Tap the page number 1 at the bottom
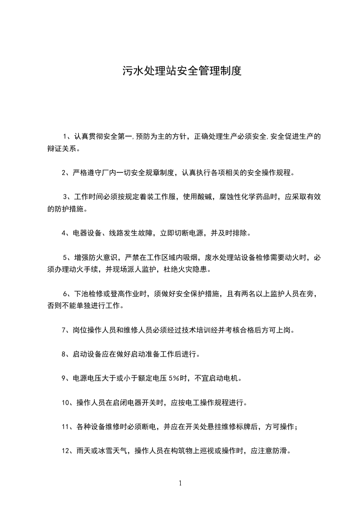pyautogui.click(x=180, y=483)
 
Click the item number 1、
pyautogui.click(x=67, y=137)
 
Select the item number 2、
pyautogui.click(x=66, y=172)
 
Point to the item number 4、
pyautogui.click(x=66, y=233)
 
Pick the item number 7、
pyautogui.click(x=66, y=330)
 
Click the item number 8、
pyautogui.click(x=66, y=354)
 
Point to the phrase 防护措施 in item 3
pyautogui.click(x=62, y=209)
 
